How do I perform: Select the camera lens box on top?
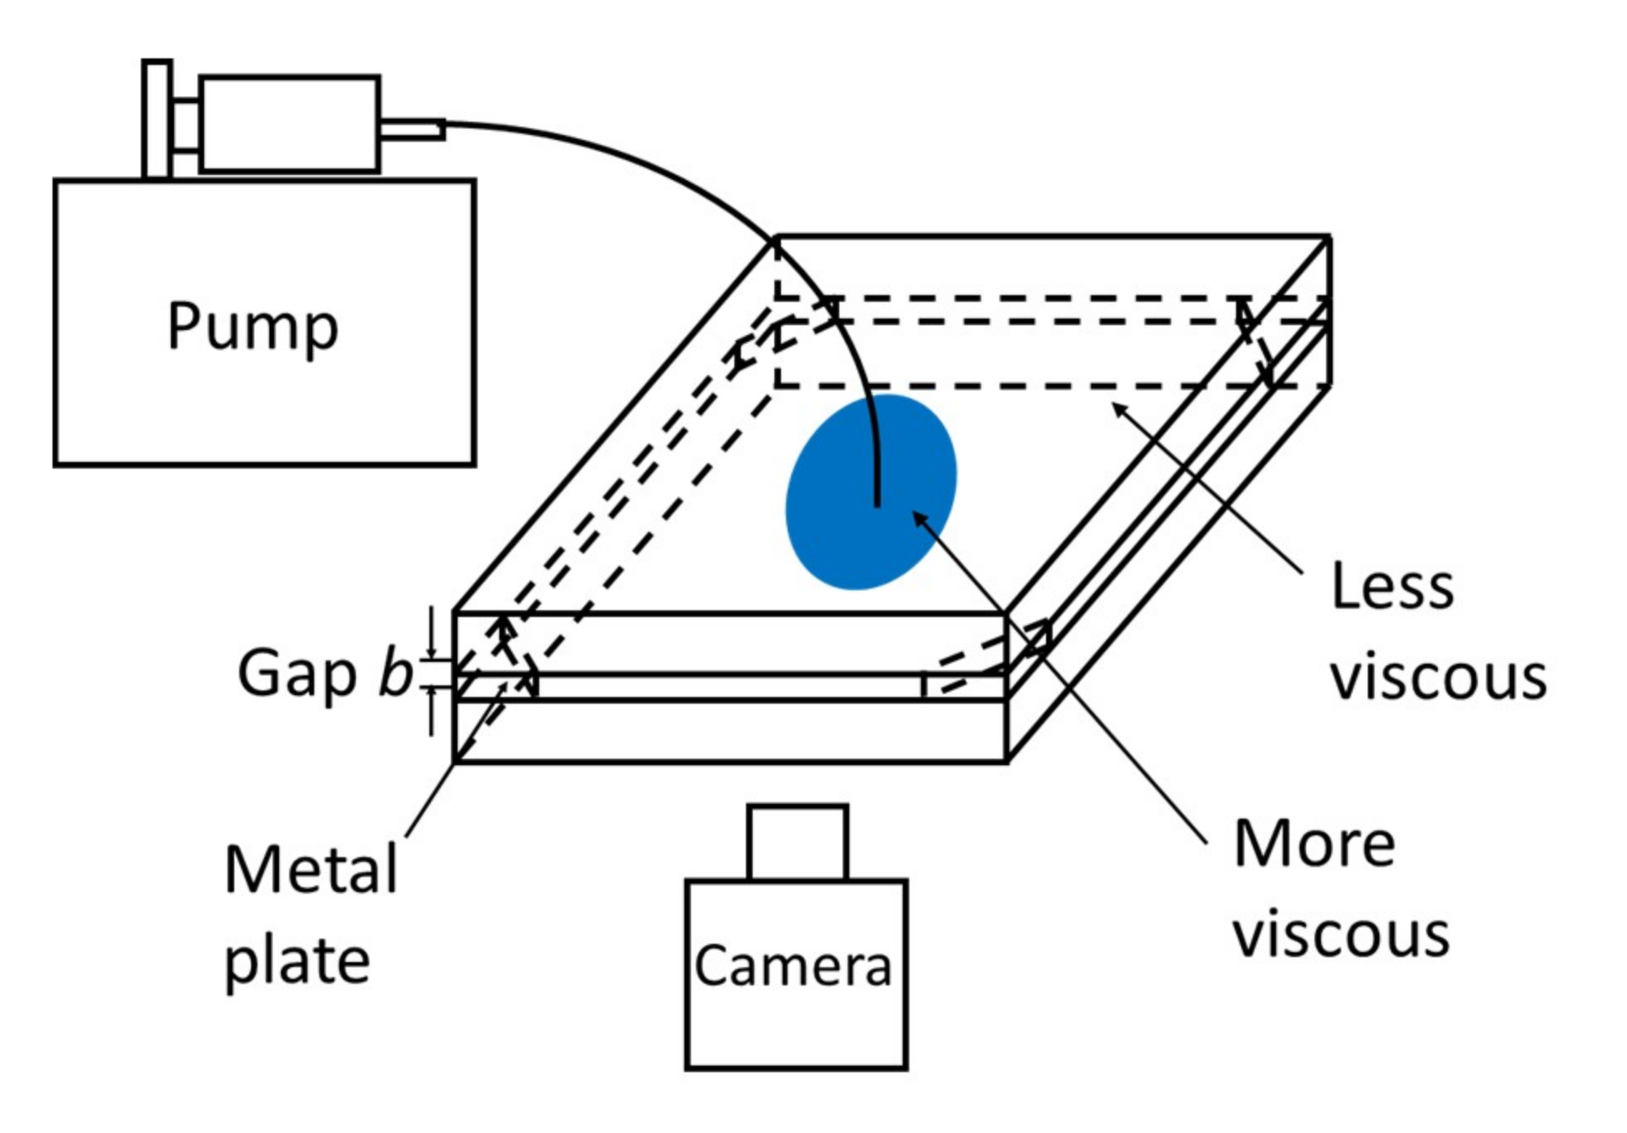pos(798,842)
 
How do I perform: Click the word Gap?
pos(297,674)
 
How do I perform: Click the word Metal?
pos(311,870)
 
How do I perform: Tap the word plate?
pos(297,960)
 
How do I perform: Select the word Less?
pos(1392,586)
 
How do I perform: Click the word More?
pos(1314,844)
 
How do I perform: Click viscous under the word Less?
pos(1438,676)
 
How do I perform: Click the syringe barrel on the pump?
pos(289,124)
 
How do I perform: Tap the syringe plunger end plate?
pos(157,119)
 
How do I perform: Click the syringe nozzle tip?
pos(413,130)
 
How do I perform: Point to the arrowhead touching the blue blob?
pos(919,519)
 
